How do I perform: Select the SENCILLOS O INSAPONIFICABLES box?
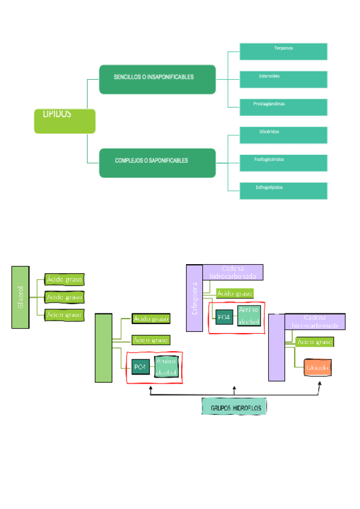(x=157, y=79)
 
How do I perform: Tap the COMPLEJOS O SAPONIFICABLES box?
(x=157, y=163)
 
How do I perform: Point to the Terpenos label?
(x=283, y=48)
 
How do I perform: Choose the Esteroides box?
(x=283, y=79)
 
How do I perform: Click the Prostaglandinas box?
(x=283, y=107)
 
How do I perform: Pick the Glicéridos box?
(x=283, y=134)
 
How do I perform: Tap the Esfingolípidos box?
(x=283, y=190)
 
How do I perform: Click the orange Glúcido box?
(x=317, y=366)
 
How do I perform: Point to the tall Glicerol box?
(x=20, y=298)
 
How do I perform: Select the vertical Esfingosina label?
(x=194, y=299)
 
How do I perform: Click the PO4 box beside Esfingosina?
(x=224, y=316)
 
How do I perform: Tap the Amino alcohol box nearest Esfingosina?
(x=248, y=315)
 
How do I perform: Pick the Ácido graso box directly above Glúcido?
(x=315, y=342)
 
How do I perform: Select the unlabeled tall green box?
(x=104, y=348)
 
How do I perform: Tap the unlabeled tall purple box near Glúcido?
(x=276, y=348)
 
